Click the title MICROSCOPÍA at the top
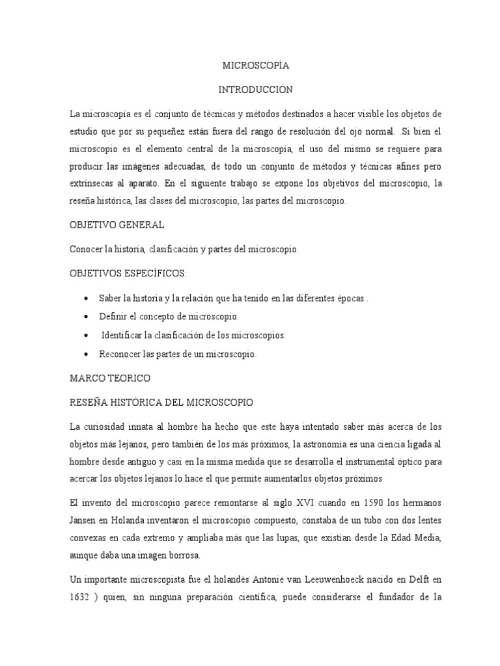click(x=256, y=66)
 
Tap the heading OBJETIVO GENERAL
click(x=117, y=225)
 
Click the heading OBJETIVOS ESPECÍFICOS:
click(x=128, y=273)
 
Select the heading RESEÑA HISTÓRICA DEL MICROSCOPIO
click(x=161, y=403)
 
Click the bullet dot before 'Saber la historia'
click(x=87, y=298)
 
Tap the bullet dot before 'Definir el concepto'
click(x=87, y=317)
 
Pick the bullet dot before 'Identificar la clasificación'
click(x=87, y=336)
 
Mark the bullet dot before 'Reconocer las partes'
click(x=87, y=354)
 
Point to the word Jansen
click(x=83, y=520)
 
